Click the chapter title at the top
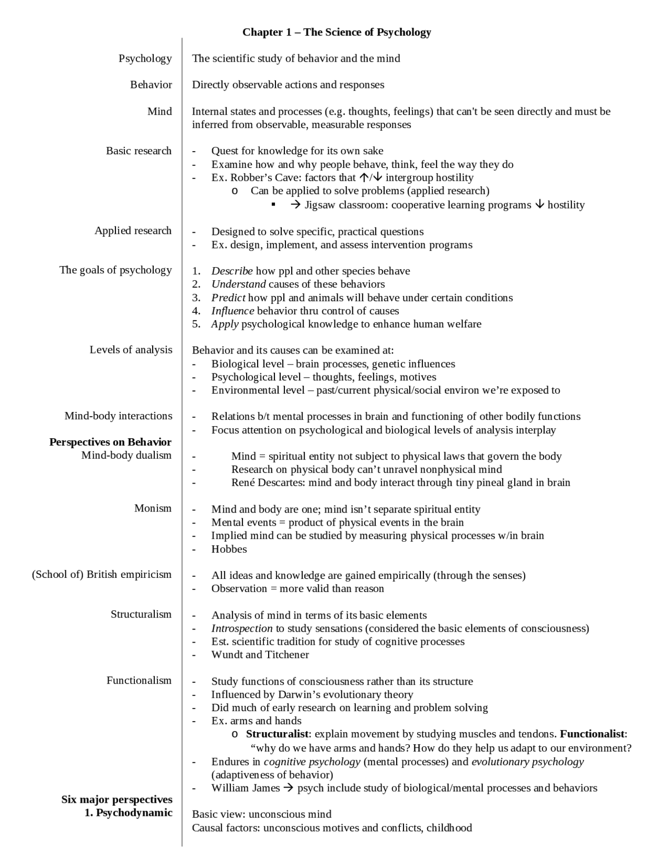[337, 32]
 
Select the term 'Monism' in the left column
[153, 508]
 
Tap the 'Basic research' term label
[139, 151]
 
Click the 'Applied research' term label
[133, 231]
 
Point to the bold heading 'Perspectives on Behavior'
[110, 442]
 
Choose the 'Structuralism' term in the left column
[141, 614]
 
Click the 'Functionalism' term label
[139, 680]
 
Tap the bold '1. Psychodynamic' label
[129, 813]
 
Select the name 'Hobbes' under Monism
[229, 549]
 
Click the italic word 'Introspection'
[241, 628]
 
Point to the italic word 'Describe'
[232, 271]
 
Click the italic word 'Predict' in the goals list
[228, 298]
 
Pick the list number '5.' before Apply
[196, 324]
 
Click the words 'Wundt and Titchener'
[260, 655]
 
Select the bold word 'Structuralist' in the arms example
[277, 734]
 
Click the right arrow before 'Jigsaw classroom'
[295, 204]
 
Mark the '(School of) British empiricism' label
[102, 575]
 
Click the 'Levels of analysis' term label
[131, 350]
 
